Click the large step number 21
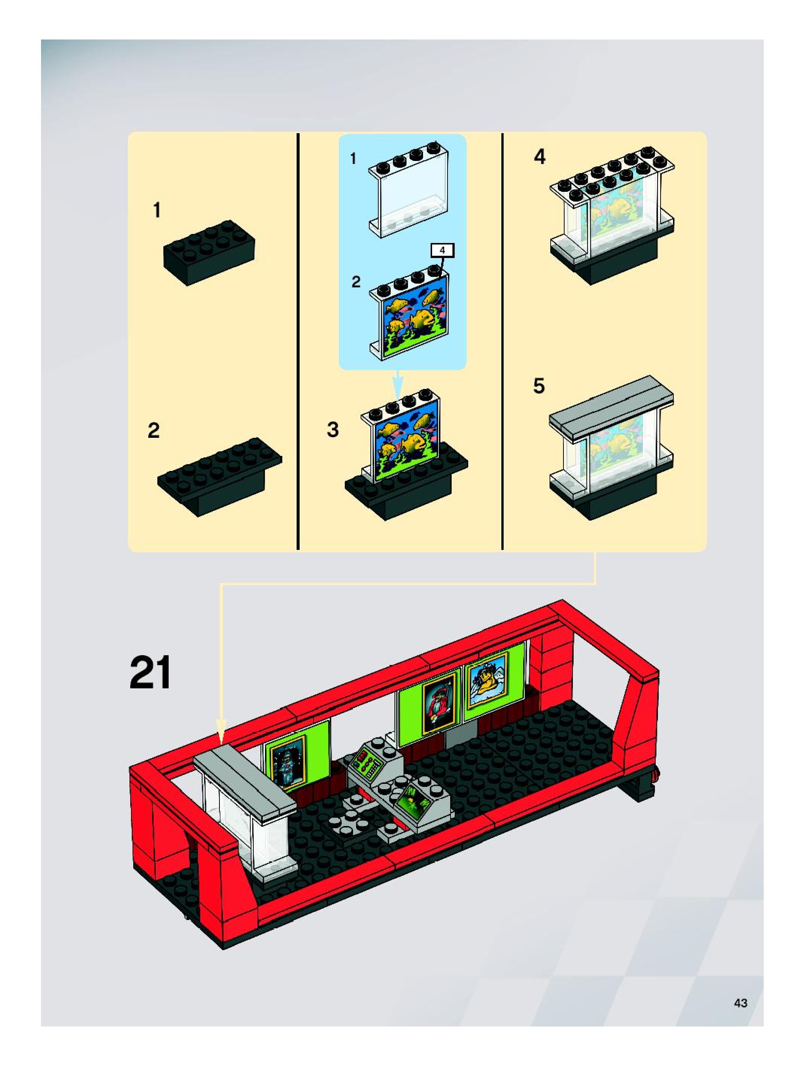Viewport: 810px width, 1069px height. tap(151, 672)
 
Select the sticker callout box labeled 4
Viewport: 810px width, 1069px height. tap(442, 251)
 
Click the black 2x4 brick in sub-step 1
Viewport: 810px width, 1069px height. tap(209, 253)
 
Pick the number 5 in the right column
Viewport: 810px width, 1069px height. tap(539, 386)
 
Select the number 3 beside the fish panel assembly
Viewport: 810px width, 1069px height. tap(333, 430)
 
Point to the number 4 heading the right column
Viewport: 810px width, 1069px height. tap(540, 156)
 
